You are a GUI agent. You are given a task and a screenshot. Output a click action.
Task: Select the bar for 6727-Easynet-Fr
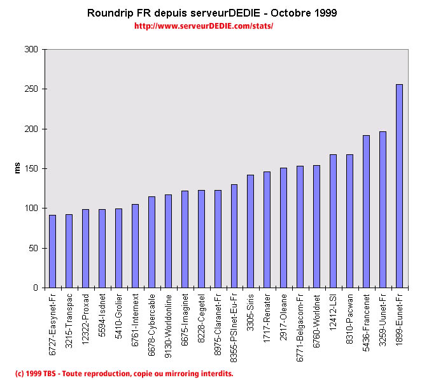tap(52, 251)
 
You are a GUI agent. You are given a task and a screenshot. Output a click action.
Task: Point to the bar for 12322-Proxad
tap(85, 249)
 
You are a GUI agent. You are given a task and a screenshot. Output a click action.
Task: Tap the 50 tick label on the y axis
tap(32, 248)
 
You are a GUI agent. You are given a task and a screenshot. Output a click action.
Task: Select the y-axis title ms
tap(18, 168)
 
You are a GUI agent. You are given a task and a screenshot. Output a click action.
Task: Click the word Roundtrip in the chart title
tap(111, 13)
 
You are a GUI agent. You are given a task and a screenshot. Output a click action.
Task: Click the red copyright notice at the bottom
tap(124, 373)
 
